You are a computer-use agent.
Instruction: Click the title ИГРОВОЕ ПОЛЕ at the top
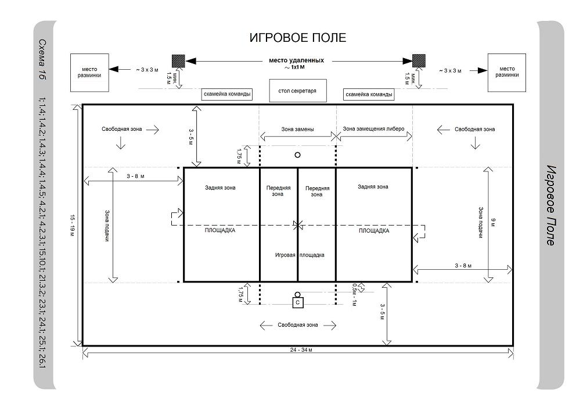pyautogui.click(x=297, y=38)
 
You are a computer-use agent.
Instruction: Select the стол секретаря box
pyautogui.click(x=298, y=91)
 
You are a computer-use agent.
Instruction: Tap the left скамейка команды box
pyautogui.click(x=227, y=94)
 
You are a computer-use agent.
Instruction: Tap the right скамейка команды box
pyautogui.click(x=369, y=94)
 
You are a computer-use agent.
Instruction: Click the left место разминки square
pyautogui.click(x=89, y=73)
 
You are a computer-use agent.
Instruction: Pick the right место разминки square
pyautogui.click(x=507, y=73)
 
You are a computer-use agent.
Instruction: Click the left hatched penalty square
pyautogui.click(x=178, y=61)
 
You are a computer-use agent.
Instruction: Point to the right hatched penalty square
pyautogui.click(x=419, y=60)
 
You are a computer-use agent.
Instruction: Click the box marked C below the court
pyautogui.click(x=298, y=302)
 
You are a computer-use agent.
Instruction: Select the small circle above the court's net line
pyautogui.click(x=297, y=155)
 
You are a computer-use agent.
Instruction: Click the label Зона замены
pyautogui.click(x=297, y=129)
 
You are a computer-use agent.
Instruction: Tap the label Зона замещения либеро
pyautogui.click(x=373, y=129)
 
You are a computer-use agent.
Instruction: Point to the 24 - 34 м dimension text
pyautogui.click(x=301, y=349)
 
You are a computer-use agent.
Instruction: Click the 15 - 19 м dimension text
pyautogui.click(x=72, y=225)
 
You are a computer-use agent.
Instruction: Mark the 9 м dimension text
pyautogui.click(x=494, y=223)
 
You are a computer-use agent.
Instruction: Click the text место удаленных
pyautogui.click(x=297, y=60)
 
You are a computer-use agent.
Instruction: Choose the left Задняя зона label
pyautogui.click(x=220, y=188)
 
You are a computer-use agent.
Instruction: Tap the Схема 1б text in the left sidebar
pyautogui.click(x=42, y=59)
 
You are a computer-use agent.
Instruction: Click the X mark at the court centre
pyautogui.click(x=298, y=224)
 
